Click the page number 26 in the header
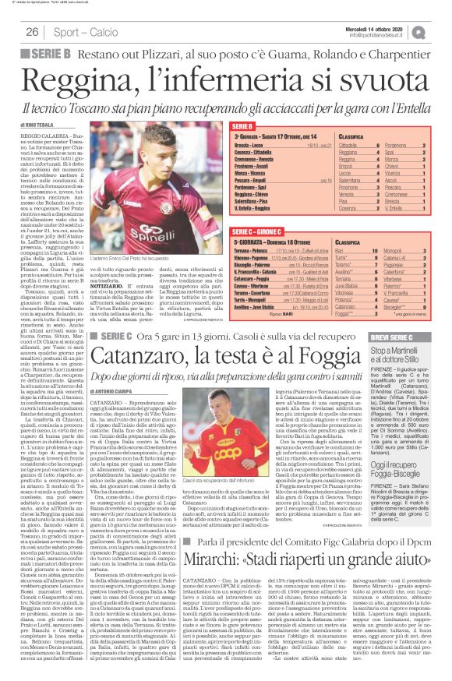click(33, 32)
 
